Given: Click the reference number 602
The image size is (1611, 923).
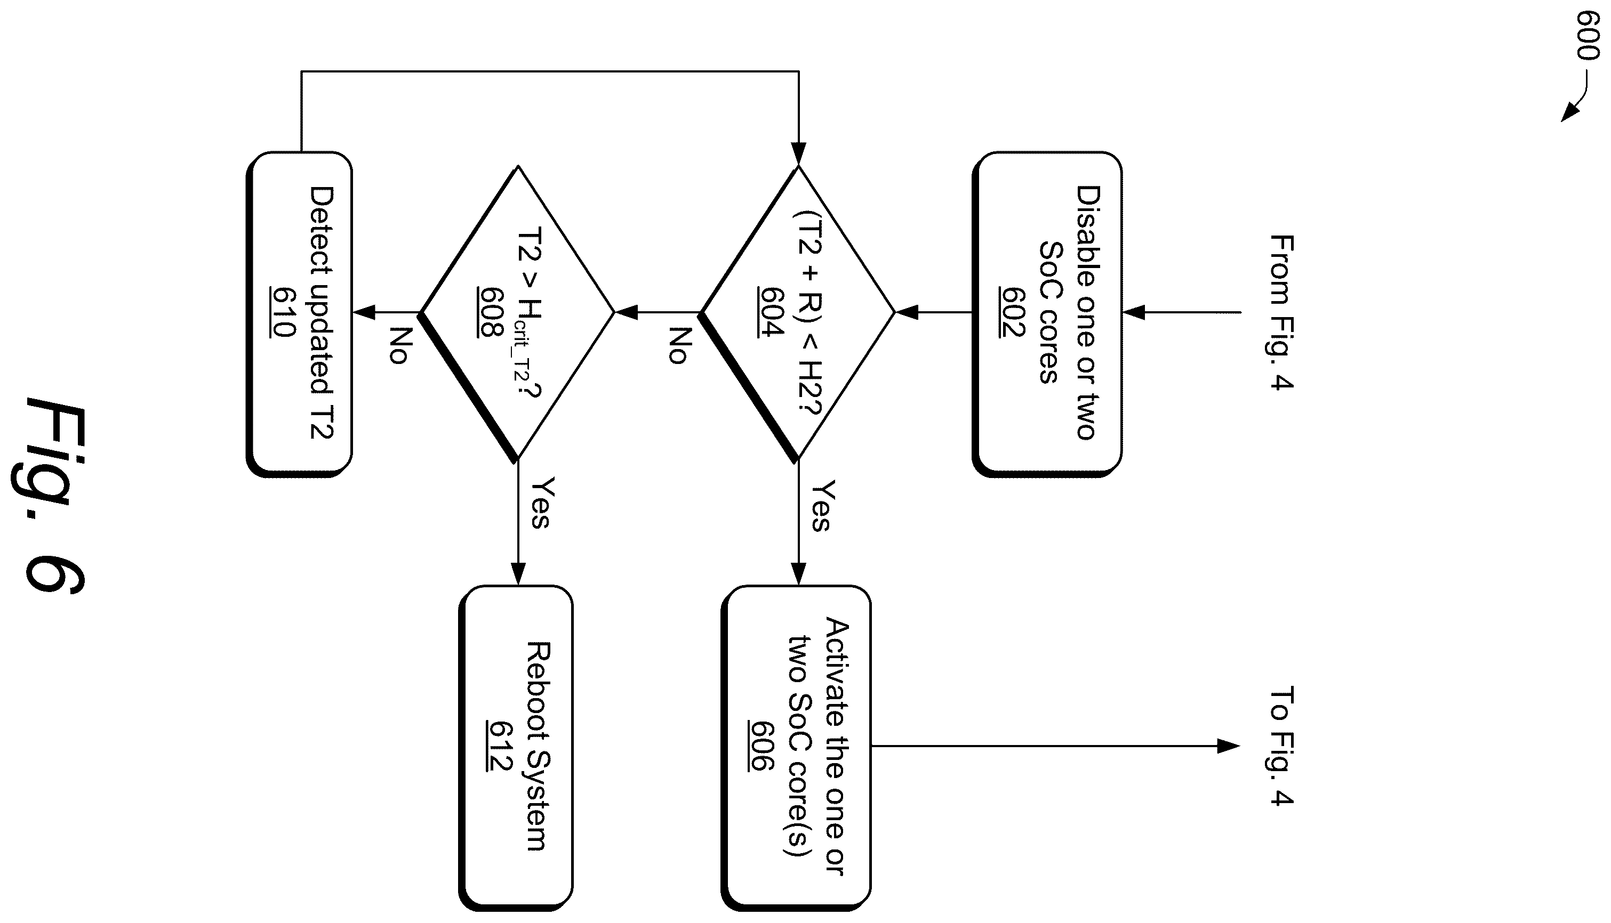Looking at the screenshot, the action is pyautogui.click(x=1012, y=312).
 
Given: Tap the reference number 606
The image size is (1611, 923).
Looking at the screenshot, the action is pyautogui.click(x=761, y=746).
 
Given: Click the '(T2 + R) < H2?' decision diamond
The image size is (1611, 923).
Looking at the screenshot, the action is pyautogui.click(x=797, y=312).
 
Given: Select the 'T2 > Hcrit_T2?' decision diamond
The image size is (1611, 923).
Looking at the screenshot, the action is pyautogui.click(x=517, y=312).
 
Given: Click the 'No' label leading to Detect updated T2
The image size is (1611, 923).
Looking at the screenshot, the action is pyautogui.click(x=399, y=345).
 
